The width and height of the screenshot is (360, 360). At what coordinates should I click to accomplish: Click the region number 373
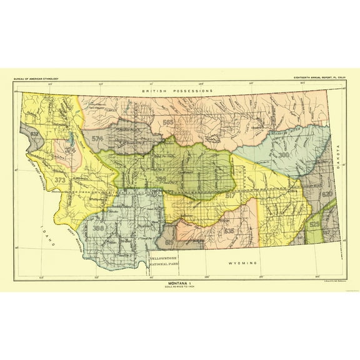click(x=60, y=180)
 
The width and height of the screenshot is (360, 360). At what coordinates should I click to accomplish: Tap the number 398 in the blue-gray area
click(x=98, y=229)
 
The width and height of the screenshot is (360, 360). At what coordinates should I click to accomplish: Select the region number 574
click(x=97, y=138)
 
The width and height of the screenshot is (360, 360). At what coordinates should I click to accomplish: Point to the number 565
click(x=167, y=122)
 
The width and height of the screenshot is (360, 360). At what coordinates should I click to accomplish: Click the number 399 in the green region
click(x=161, y=178)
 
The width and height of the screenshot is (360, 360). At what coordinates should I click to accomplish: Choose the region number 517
click(x=231, y=196)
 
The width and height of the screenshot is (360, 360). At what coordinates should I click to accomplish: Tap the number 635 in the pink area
click(x=229, y=231)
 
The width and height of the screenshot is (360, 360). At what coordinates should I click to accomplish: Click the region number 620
click(x=327, y=194)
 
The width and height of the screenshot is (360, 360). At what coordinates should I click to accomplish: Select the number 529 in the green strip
click(x=315, y=224)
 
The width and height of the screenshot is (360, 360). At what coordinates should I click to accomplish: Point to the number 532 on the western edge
click(x=34, y=134)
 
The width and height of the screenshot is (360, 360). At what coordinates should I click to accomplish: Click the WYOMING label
click(x=242, y=264)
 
